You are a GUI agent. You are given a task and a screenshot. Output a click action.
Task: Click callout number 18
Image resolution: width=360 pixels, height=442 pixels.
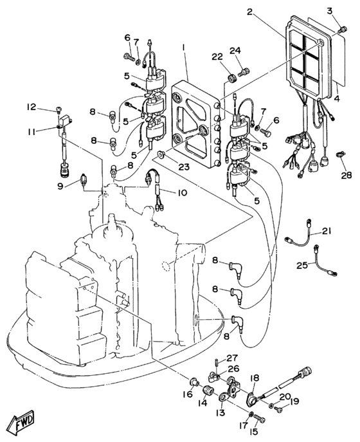point(255,378)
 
